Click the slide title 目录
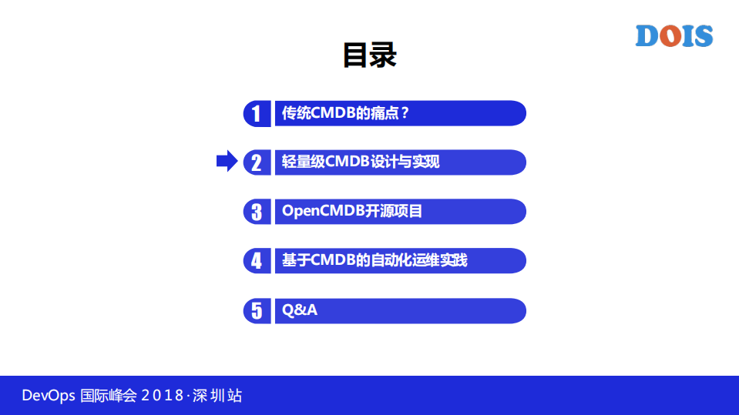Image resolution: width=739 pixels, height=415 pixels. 369,55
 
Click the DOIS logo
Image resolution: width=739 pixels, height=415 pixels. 673,36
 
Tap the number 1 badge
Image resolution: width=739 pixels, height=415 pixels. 257,114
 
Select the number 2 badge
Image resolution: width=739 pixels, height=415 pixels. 257,162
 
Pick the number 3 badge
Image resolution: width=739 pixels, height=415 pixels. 257,212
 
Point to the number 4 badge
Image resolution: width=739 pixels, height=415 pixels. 257,261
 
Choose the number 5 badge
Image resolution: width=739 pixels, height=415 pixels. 257,310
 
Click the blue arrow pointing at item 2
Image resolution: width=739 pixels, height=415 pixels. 227,162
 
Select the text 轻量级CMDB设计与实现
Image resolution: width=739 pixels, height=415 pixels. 361,162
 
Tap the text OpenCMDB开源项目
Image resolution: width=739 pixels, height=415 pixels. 352,211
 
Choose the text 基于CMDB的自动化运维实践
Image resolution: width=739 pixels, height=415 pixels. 375,260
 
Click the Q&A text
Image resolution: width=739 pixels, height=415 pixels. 300,310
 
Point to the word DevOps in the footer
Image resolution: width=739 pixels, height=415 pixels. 49,396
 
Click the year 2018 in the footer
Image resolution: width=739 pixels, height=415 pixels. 163,396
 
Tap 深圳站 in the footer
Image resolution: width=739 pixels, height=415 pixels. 217,396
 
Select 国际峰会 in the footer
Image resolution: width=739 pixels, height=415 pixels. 108,396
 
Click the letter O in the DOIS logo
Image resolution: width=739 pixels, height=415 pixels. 670,36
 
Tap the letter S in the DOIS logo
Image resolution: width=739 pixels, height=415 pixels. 703,36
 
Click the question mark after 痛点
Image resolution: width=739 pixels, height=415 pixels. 405,113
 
